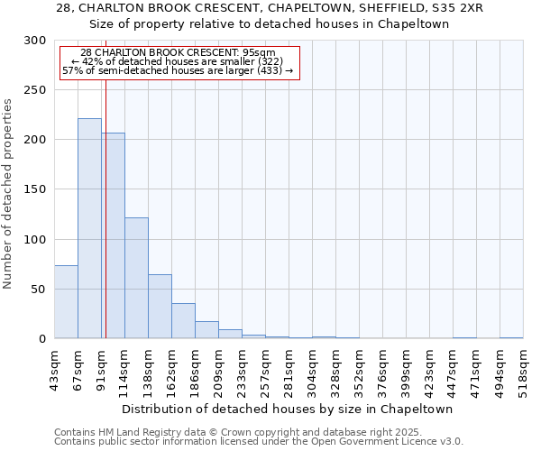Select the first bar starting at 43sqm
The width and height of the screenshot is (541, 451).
tap(66, 302)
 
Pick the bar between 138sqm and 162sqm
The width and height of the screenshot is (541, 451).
tap(160, 307)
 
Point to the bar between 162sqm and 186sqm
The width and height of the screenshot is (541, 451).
tap(183, 321)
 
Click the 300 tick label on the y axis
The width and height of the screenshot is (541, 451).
tap(34, 41)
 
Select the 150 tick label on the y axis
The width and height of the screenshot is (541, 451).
tap(34, 189)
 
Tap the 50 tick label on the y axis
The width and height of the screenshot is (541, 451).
tap(38, 290)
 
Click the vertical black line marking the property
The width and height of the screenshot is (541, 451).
tap(105, 225)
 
